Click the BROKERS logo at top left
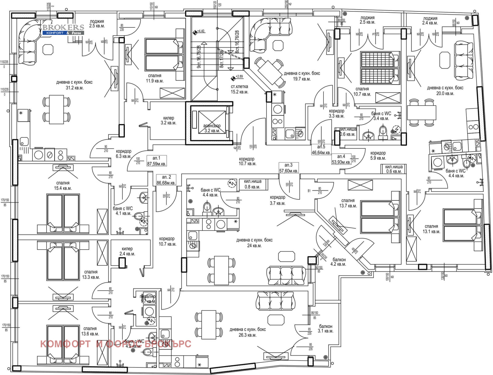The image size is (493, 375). tap(63, 29)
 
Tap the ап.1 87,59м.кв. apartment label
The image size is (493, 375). tap(157, 161)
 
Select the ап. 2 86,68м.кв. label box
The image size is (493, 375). tap(166, 180)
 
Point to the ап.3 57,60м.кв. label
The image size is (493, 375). tap(288, 168)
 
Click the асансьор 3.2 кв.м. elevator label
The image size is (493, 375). tap(212, 128)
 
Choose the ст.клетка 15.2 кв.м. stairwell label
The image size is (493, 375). tap(239, 89)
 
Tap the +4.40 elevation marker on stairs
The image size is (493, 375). tap(198, 31)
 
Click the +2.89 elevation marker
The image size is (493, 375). tap(237, 77)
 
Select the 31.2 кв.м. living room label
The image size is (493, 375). tap(74, 85)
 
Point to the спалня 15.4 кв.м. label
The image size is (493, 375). tap(63, 185)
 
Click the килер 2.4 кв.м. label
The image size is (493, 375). tap(127, 251)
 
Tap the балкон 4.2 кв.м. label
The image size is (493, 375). tap(339, 262)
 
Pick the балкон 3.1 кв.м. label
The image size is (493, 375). tap(326, 328)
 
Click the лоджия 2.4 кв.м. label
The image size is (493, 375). tap(430, 21)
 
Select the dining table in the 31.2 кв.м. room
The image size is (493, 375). tap(56, 109)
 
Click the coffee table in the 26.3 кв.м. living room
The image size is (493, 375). tap(276, 320)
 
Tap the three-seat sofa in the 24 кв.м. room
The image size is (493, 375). tap(286, 275)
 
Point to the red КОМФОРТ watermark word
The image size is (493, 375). tap(65, 344)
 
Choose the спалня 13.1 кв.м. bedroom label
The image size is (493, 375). tap(431, 229)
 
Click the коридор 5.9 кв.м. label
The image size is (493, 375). tap(378, 155)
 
